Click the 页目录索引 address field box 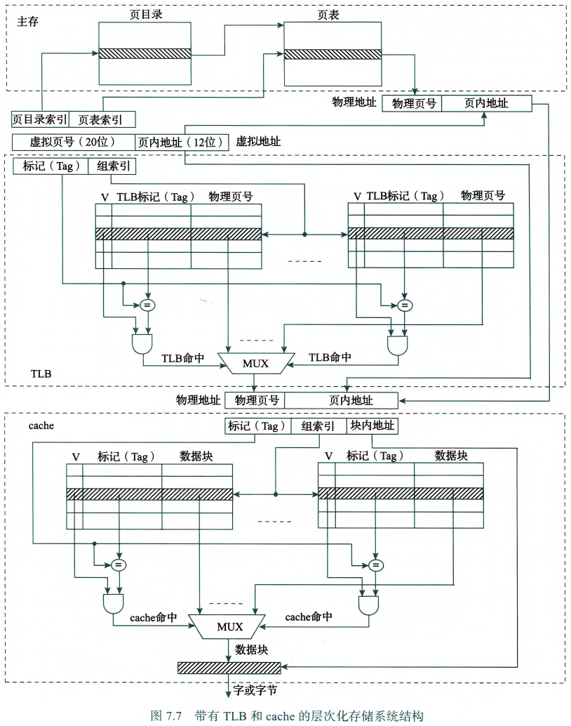pos(40,119)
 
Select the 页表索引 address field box pos(102,119)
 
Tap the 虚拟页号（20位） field pos(73,142)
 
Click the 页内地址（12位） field pos(182,142)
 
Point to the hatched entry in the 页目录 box pos(145,53)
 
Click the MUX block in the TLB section pos(255,363)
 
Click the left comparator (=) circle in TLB pos(147,304)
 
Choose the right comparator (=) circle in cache pos(377,565)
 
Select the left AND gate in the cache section pos(113,602)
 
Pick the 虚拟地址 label pos(258,142)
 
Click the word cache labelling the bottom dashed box pos(41,425)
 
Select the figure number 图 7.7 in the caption pos(167,715)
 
